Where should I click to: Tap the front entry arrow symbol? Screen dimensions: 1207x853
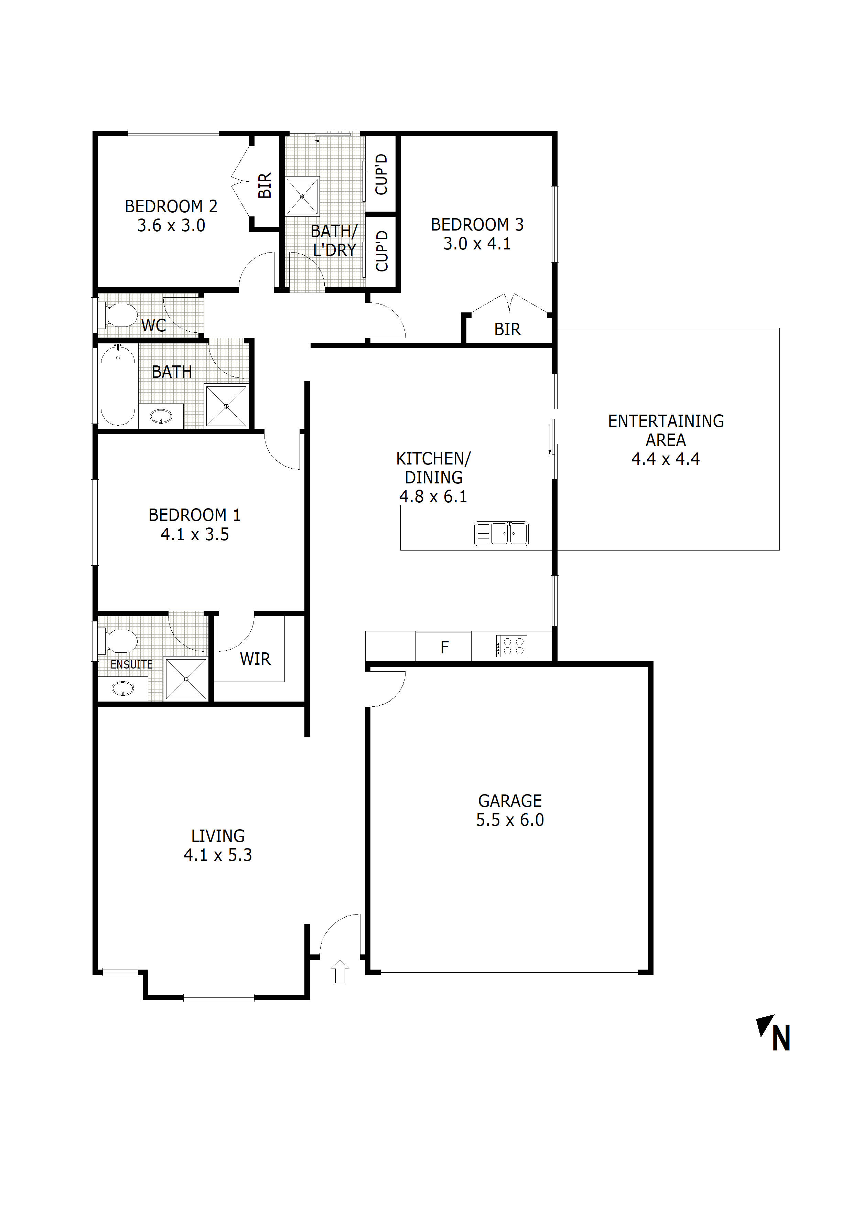coord(340,971)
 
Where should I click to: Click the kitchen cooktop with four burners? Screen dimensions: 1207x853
coord(511,646)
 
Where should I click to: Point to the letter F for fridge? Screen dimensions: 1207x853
coord(445,647)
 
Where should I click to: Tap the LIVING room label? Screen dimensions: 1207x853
coord(218,836)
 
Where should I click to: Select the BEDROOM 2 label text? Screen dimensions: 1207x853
coord(171,206)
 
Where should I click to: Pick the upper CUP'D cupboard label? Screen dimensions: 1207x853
coord(381,174)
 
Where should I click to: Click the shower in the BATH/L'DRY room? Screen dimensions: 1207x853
coord(302,196)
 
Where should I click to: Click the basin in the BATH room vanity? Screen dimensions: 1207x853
coord(161,417)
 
